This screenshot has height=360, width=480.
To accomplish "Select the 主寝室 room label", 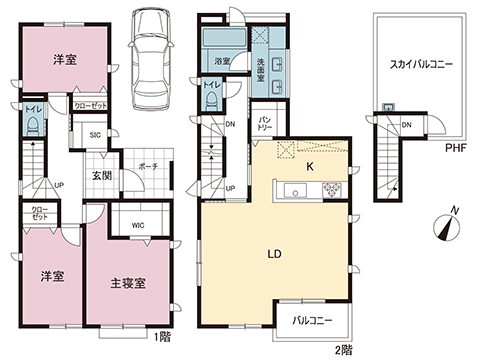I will (x=128, y=282).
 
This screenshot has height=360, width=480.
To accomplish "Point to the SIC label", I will (x=96, y=134).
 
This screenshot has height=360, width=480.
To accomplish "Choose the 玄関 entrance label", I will (x=103, y=177).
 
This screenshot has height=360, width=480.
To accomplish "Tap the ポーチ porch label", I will (x=148, y=165).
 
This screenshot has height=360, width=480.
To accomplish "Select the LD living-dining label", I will (x=273, y=253).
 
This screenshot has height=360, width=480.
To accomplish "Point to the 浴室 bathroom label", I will (x=221, y=61).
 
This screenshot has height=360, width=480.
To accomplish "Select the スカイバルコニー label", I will (x=421, y=64).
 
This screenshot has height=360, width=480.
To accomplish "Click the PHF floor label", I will (x=456, y=148).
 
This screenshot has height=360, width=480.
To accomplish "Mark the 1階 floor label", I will (x=163, y=337).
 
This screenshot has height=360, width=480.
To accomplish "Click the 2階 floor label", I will (x=344, y=349).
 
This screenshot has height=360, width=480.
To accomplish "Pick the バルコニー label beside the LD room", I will (x=312, y=321).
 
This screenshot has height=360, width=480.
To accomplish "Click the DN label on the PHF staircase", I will (x=407, y=124).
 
